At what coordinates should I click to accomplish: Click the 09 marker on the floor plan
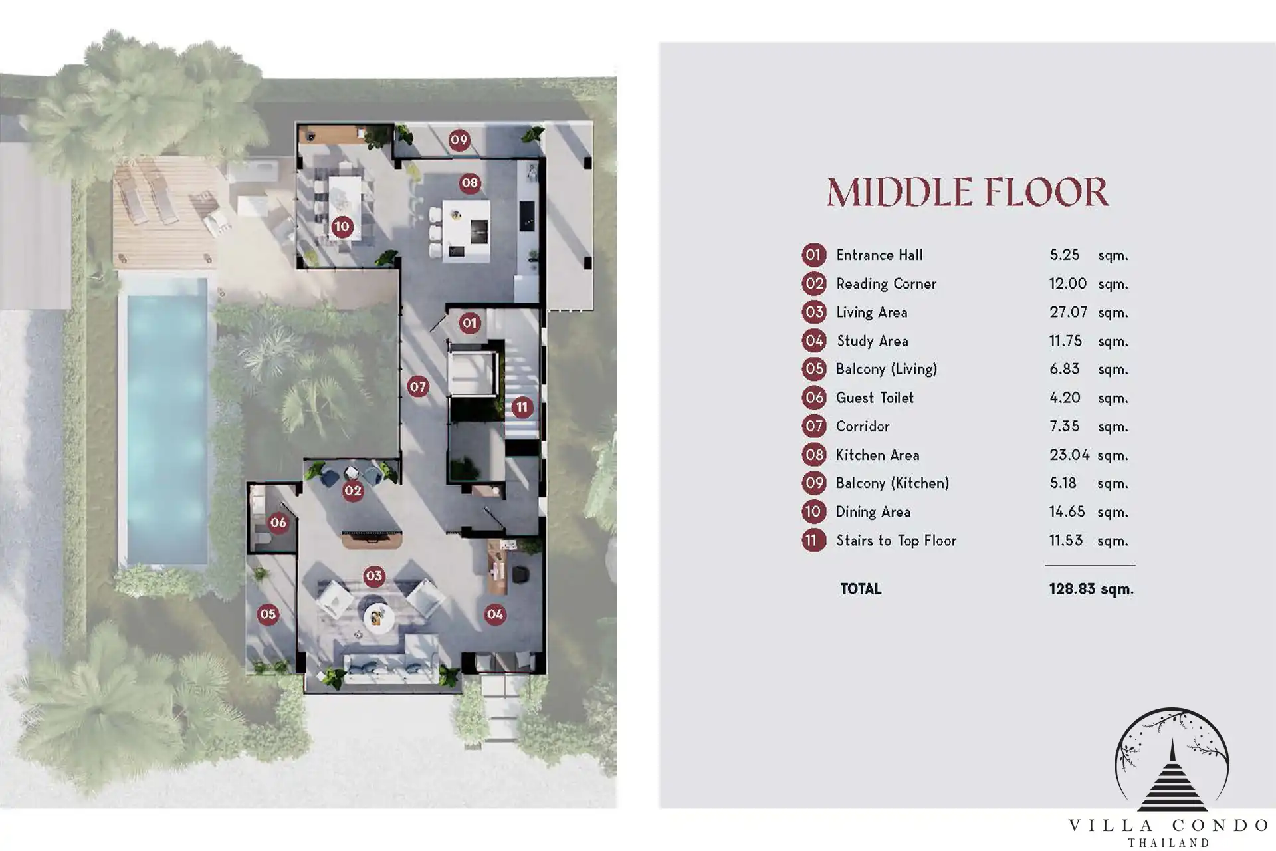pos(459,140)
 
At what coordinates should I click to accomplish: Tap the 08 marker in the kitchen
pos(470,183)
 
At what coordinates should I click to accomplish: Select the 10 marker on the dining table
pos(342,227)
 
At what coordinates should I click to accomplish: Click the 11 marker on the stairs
pos(522,407)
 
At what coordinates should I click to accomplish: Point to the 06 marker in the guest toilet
pos(278,523)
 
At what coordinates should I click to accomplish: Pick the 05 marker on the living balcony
pos(268,614)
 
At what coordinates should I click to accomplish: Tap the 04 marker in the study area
pos(495,614)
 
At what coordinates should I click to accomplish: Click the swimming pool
pos(166,422)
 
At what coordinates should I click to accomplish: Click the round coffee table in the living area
pos(378,616)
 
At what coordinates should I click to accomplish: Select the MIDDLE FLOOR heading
pos(968,192)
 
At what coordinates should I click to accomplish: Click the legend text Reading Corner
pos(886,284)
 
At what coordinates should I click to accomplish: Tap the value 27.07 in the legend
pos(1068,312)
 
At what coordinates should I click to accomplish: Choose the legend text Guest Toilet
pos(875,398)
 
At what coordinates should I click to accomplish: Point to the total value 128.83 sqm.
pos(1091,589)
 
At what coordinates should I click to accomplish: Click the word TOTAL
pos(861,589)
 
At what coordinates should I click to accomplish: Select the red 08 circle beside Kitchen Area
pos(814,455)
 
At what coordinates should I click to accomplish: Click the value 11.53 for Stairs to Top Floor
pos(1066,541)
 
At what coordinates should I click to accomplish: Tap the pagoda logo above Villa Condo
pos(1171,760)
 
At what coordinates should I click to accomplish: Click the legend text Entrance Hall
pos(879,255)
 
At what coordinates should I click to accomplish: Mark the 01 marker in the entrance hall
pos(470,324)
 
